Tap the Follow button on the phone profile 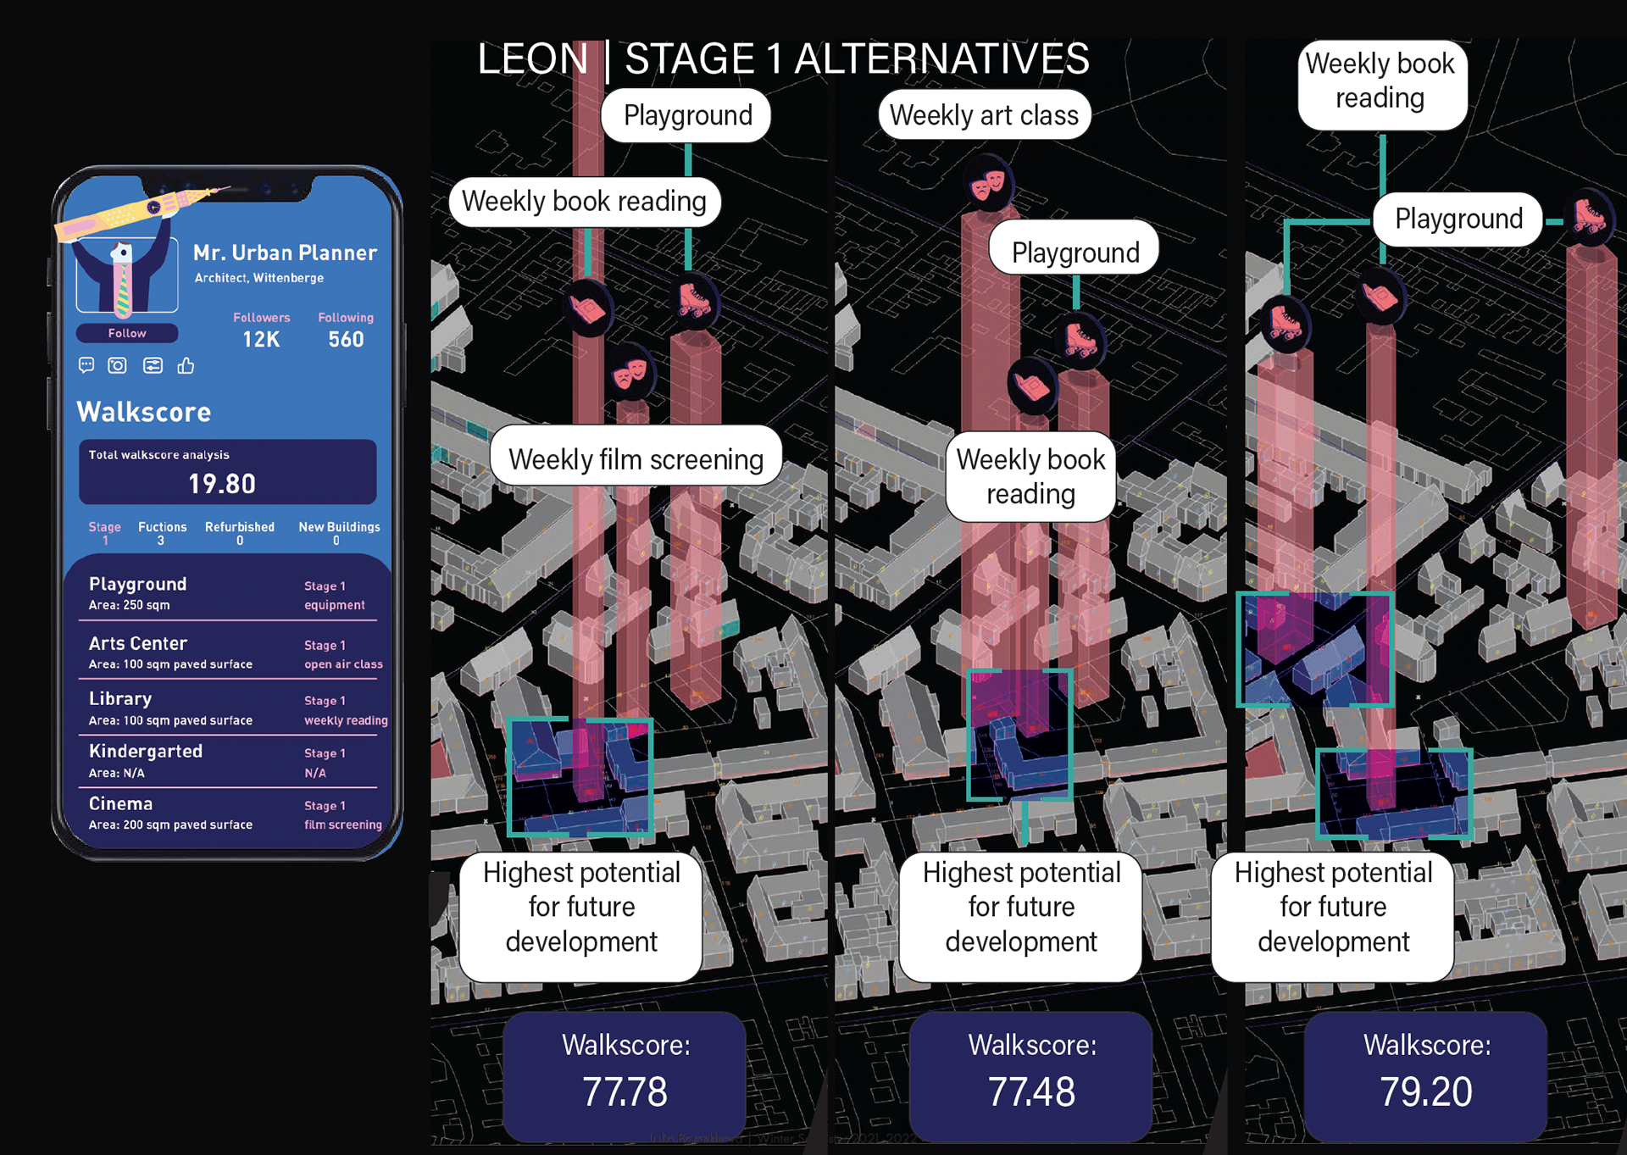(x=127, y=333)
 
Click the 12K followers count (x=261, y=340)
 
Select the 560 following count (x=346, y=340)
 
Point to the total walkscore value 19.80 (x=222, y=484)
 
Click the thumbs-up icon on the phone (x=186, y=365)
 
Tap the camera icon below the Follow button (x=117, y=365)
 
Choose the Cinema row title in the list (x=121, y=803)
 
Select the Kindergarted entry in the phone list (x=146, y=751)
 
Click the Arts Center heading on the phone (x=138, y=643)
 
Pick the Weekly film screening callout (x=636, y=458)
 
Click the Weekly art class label (x=984, y=115)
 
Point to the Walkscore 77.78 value (x=625, y=1091)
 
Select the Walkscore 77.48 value (x=1031, y=1091)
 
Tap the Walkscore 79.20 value (x=1426, y=1091)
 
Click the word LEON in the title (x=532, y=59)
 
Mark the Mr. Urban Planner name (x=285, y=253)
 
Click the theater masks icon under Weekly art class (x=987, y=183)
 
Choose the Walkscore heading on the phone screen (x=144, y=412)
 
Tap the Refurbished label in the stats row (x=240, y=527)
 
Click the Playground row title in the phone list (x=138, y=584)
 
